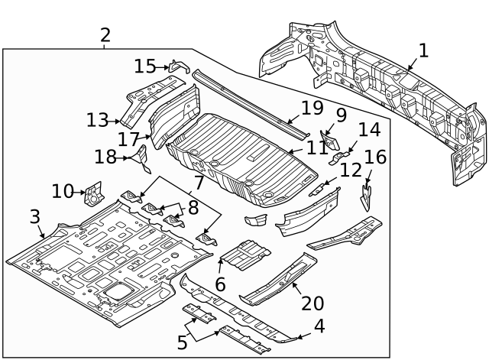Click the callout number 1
(423, 51)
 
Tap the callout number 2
(105, 34)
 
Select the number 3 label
(35, 216)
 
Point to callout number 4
(319, 326)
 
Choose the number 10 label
(63, 190)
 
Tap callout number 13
(98, 120)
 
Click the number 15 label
(144, 66)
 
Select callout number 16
(376, 157)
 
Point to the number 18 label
(105, 157)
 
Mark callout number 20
(312, 303)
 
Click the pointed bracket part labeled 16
(367, 192)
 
